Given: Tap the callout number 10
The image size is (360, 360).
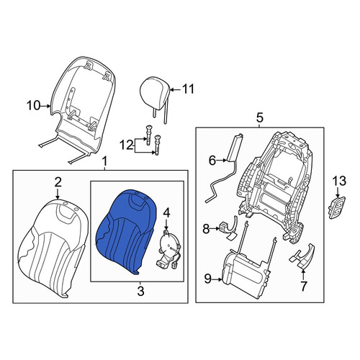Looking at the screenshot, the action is [x=34, y=106].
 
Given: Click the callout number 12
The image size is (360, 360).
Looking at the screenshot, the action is [x=127, y=145].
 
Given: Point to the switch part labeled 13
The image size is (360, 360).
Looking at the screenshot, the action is [x=336, y=208].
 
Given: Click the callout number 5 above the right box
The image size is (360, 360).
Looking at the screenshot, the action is [x=260, y=118].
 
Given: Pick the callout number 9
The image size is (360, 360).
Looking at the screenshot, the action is [x=207, y=279].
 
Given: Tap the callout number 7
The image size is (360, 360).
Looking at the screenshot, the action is [x=304, y=286].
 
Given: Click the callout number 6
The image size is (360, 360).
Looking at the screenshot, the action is [x=212, y=161].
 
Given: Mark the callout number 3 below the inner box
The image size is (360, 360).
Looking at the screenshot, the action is [x=140, y=291].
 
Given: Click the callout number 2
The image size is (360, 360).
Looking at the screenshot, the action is [x=58, y=183].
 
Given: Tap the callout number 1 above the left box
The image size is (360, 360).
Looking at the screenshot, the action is [x=104, y=161].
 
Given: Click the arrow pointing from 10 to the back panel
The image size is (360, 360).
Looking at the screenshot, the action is [x=45, y=106].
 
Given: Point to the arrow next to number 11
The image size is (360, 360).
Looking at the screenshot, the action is [x=175, y=90].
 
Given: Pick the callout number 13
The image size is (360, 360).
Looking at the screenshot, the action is [x=339, y=181].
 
